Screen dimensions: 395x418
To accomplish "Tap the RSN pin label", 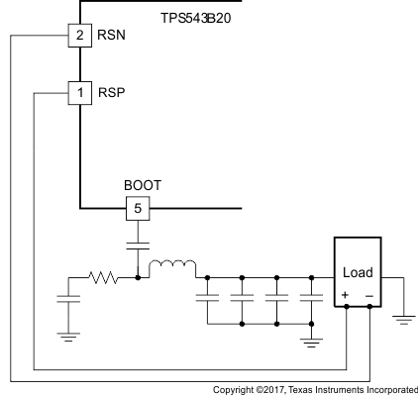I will coord(110,37).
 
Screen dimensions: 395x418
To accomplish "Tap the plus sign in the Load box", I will coord(346,295).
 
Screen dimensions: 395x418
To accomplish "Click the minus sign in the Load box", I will coord(369,295).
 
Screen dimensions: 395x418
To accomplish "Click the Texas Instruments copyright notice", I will coord(315,388).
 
